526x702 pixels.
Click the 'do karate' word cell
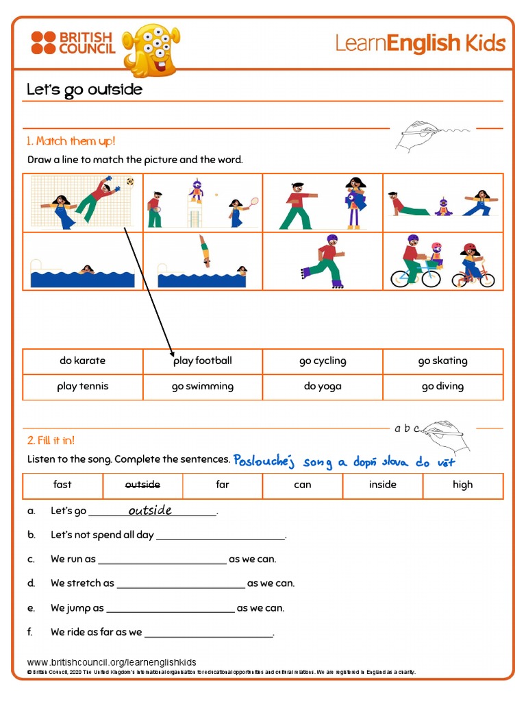click(x=83, y=361)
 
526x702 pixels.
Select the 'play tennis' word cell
click(x=83, y=387)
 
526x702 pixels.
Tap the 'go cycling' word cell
click(x=323, y=361)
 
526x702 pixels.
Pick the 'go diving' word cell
click(x=442, y=387)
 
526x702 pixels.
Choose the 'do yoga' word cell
click(x=323, y=387)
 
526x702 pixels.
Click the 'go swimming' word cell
click(x=203, y=387)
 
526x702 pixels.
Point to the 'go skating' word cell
click(x=442, y=361)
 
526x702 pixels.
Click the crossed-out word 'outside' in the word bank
click(x=142, y=485)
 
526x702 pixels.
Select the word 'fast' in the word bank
click(x=62, y=485)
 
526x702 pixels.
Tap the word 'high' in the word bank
click(x=462, y=485)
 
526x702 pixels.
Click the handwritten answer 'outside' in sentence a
click(x=150, y=510)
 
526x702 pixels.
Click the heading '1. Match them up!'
click(x=71, y=141)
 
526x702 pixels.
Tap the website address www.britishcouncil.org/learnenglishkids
click(x=112, y=662)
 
